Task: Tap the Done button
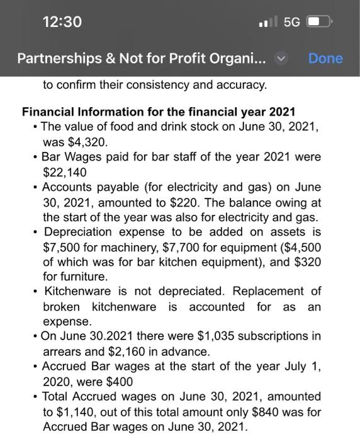tap(325, 59)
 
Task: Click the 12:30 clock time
tap(62, 21)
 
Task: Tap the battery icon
tap(320, 22)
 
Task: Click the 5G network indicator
tap(291, 22)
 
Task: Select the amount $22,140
tap(64, 171)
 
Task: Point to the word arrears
tap(64, 351)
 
